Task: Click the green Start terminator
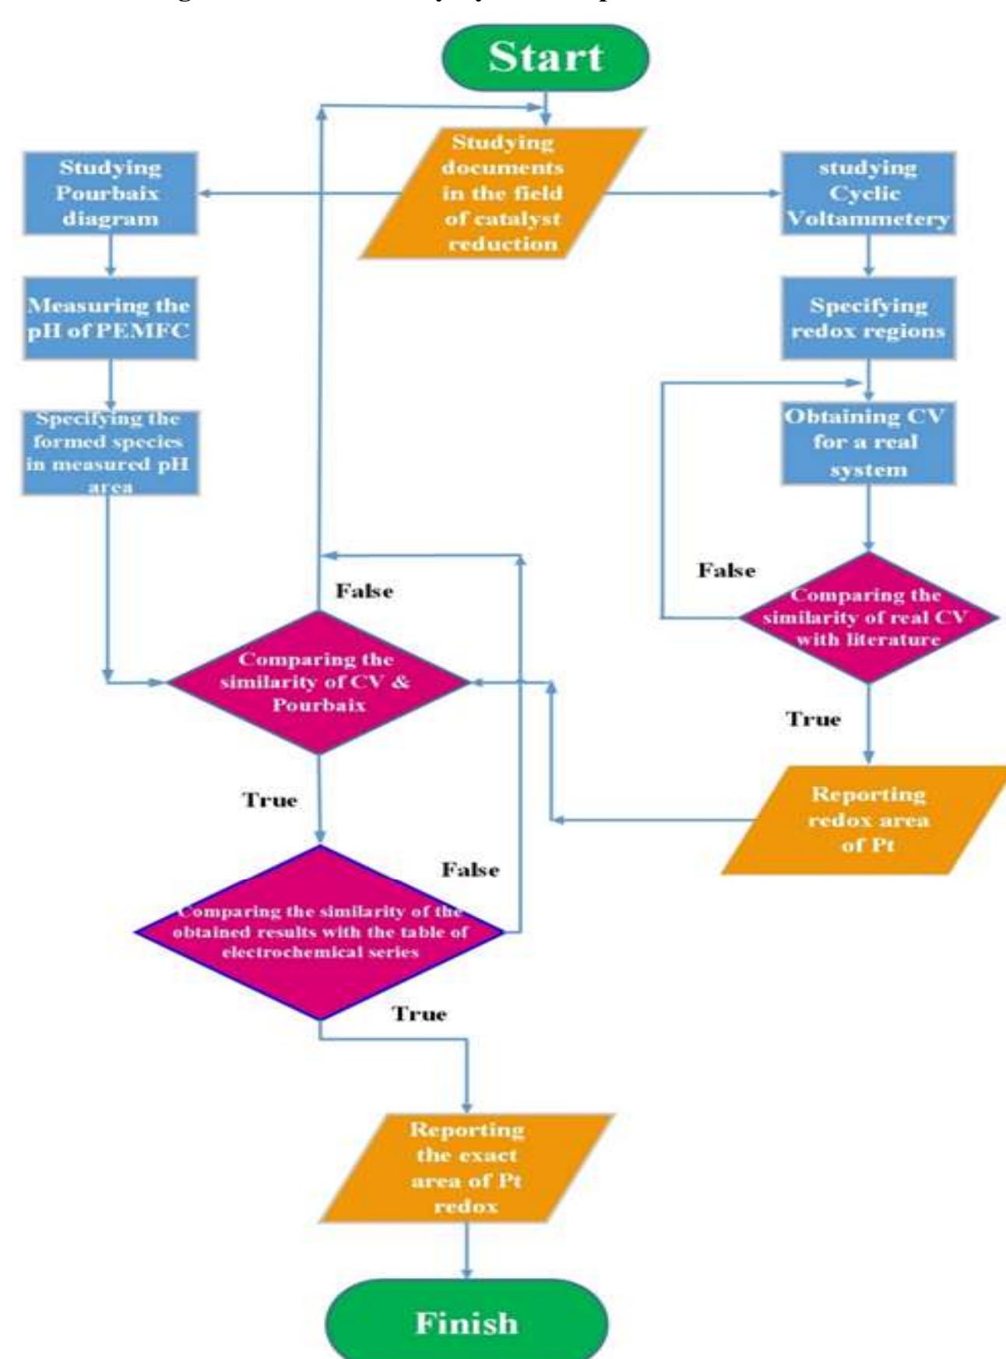545,57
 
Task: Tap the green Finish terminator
466,1322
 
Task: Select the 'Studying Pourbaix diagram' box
110,193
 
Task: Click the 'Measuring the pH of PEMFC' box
110,318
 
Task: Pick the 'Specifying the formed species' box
110,452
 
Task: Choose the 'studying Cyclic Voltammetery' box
868,193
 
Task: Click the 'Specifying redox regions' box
868,318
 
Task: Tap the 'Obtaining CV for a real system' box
868,443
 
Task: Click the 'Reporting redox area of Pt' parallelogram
867,820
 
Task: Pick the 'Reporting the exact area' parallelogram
466,1168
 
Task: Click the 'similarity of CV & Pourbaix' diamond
318,682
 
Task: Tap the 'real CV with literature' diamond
867,617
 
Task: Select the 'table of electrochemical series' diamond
320,932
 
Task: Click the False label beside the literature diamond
726,571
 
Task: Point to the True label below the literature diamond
813,718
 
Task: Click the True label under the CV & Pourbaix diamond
269,800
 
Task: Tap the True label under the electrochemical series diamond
419,1014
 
